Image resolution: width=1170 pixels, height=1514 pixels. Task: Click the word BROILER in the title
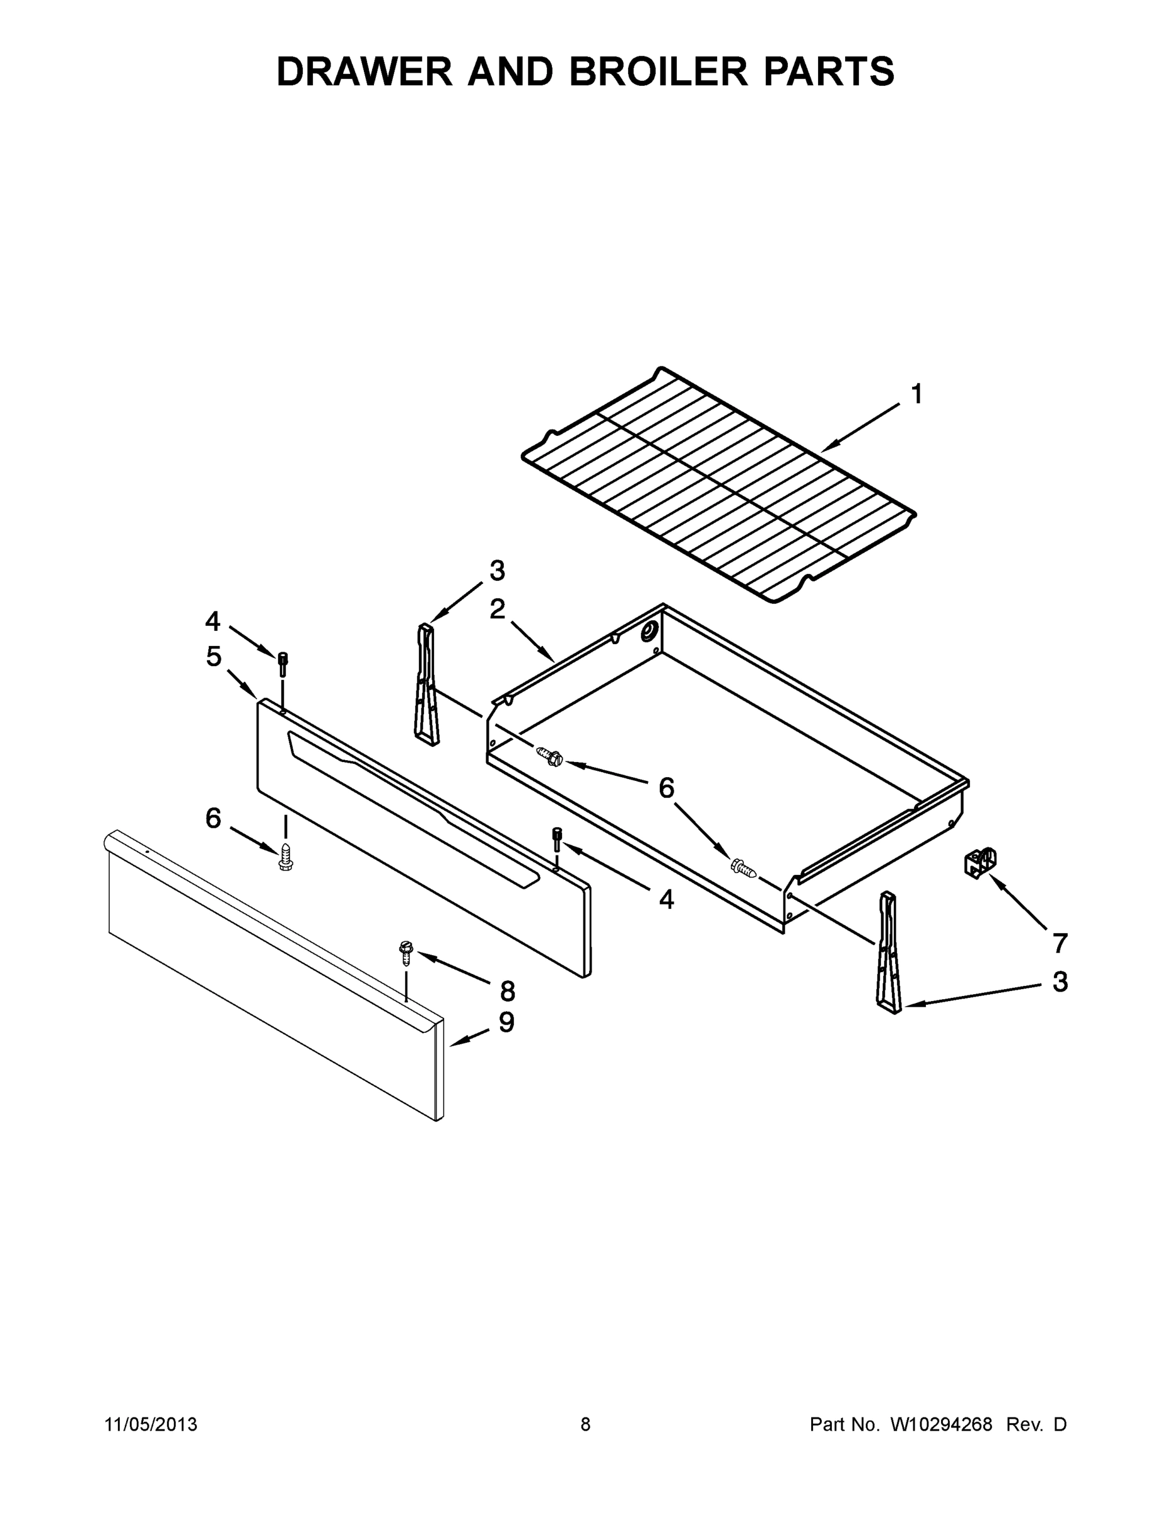[658, 71]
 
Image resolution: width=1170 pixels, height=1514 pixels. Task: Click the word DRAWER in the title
[364, 71]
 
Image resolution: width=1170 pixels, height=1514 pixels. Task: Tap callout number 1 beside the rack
[916, 394]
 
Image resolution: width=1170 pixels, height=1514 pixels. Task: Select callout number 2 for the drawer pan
[497, 609]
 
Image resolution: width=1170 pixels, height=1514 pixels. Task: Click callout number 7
[1060, 943]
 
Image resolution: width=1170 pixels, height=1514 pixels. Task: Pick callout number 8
[507, 992]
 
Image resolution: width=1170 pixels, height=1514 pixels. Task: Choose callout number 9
[506, 1023]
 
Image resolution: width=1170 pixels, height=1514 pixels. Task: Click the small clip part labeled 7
[980, 862]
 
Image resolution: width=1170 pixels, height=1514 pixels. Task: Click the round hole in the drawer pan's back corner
[650, 631]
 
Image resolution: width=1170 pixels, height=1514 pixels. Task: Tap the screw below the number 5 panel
[285, 857]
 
